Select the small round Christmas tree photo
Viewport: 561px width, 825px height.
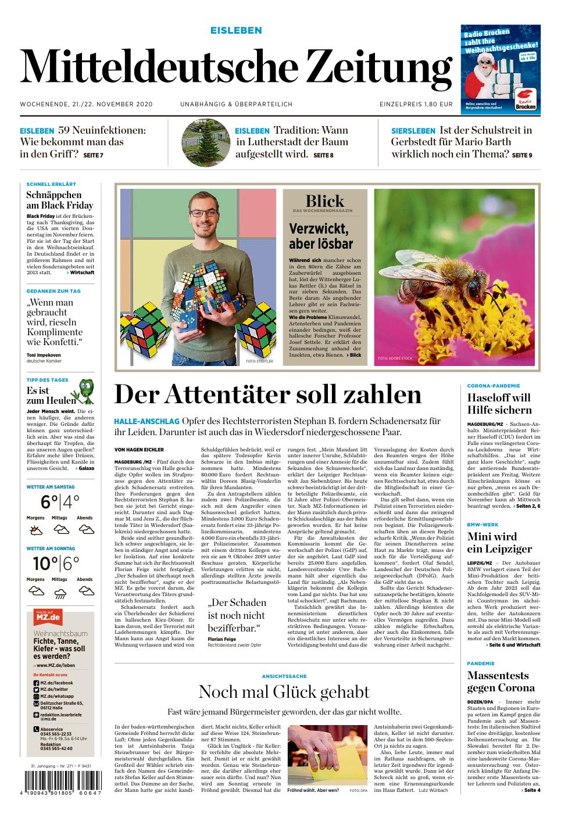[x=204, y=142]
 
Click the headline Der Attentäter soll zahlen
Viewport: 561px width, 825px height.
[x=267, y=395]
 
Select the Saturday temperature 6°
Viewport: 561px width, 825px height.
[x=49, y=501]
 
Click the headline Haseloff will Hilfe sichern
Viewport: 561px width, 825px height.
[x=499, y=404]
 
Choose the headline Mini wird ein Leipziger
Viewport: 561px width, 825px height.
[x=499, y=542]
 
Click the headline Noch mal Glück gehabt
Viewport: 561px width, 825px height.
[x=284, y=692]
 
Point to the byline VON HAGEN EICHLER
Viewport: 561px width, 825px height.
[x=139, y=450]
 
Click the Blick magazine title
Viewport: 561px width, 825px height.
[x=324, y=202]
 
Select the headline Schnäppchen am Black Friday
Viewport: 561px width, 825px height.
[x=60, y=200]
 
